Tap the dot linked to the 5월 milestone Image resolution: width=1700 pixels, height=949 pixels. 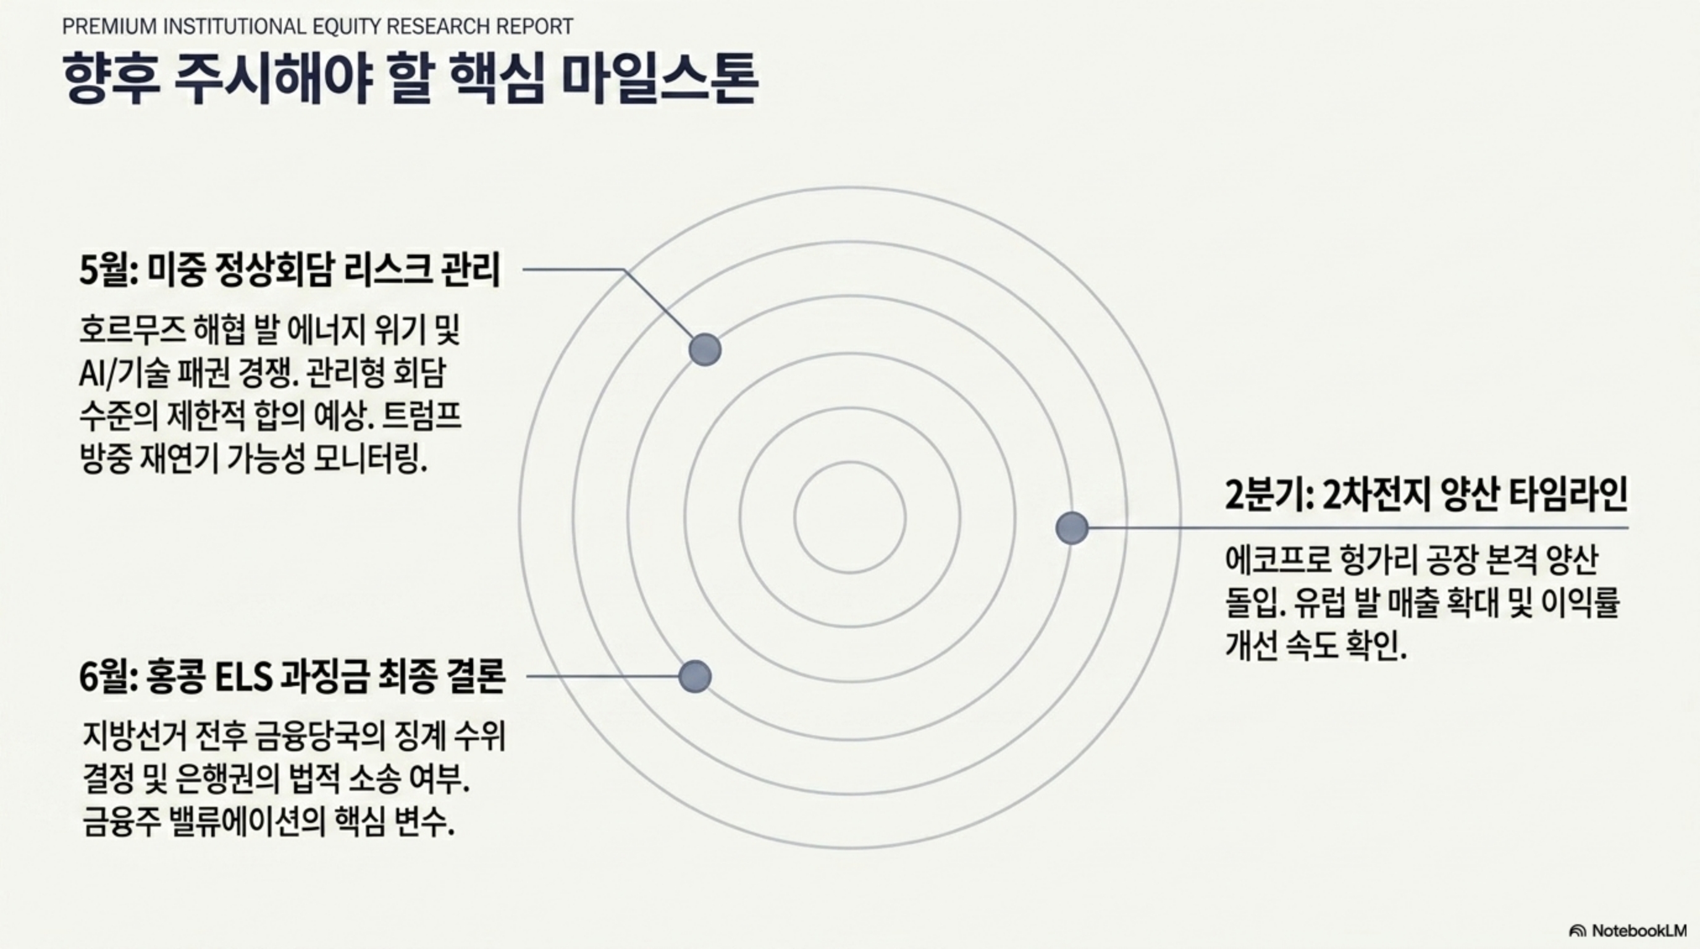(705, 349)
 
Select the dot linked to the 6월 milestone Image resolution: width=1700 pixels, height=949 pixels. (695, 677)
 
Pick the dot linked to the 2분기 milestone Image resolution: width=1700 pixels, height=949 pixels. (1072, 528)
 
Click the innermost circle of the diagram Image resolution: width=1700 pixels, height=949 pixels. (850, 517)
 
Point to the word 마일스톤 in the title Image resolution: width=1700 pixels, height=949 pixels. (659, 80)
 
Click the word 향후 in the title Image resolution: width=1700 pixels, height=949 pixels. (111, 80)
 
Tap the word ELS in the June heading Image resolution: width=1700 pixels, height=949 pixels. (244, 677)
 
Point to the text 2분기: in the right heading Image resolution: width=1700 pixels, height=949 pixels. (1268, 495)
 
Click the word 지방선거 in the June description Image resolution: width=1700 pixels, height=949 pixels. (135, 736)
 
